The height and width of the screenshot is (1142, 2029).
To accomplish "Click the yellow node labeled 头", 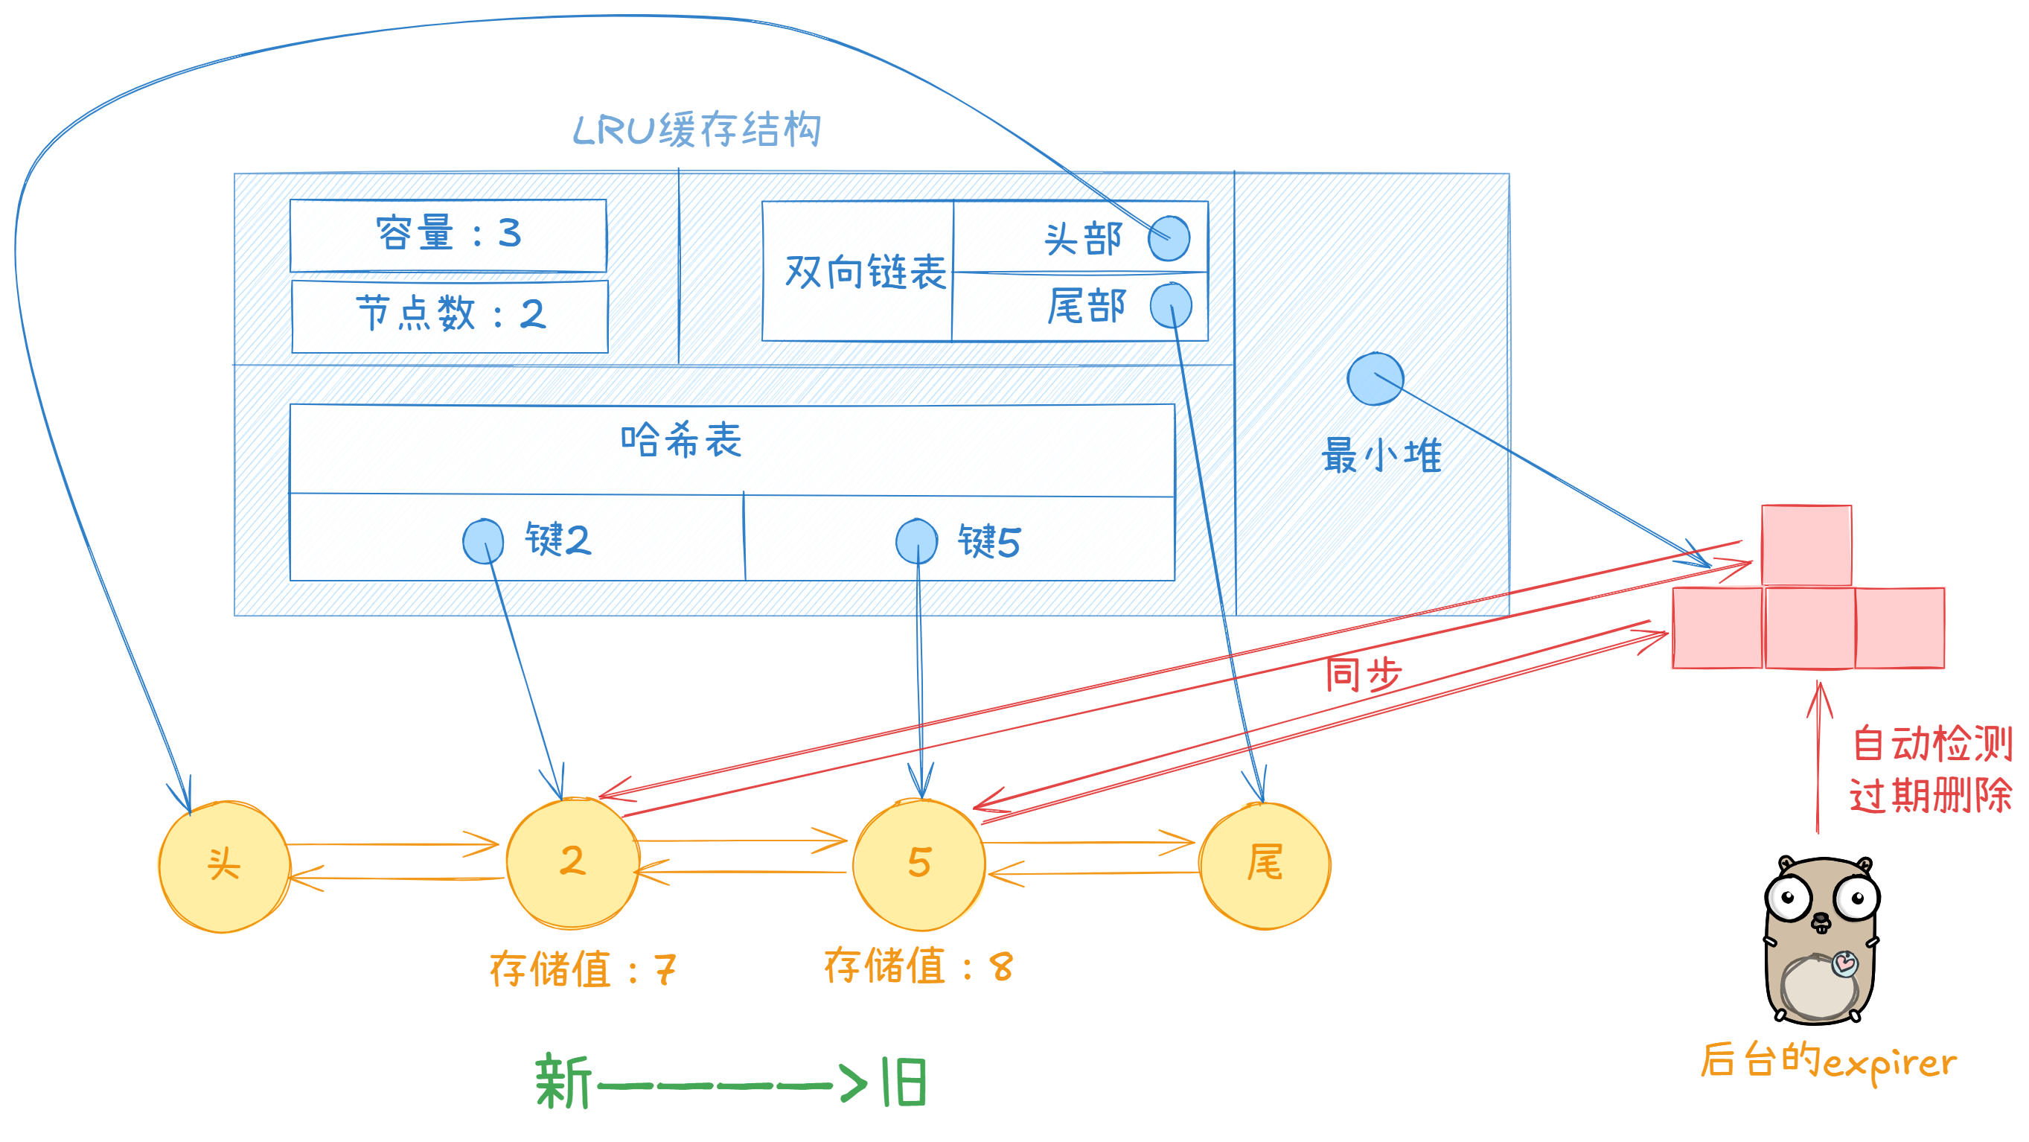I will (x=225, y=867).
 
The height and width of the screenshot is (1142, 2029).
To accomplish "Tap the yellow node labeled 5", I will (x=919, y=865).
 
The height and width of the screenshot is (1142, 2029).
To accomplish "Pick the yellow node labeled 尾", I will (x=1265, y=865).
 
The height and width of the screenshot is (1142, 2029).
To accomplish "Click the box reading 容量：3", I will (x=448, y=235).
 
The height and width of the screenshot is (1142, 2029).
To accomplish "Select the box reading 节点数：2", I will (x=450, y=316).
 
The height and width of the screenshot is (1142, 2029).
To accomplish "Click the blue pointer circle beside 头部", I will (x=1169, y=237).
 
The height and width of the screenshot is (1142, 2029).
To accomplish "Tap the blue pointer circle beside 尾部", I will (x=1171, y=305).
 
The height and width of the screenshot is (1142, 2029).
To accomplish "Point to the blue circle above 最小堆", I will (x=1375, y=379).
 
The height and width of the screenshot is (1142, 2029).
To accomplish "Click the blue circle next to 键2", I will (x=483, y=541).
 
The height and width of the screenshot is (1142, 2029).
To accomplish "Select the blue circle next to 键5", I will (x=917, y=542).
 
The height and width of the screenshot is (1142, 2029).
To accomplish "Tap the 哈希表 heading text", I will (x=681, y=440).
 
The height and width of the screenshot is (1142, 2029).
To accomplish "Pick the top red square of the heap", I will (x=1806, y=545).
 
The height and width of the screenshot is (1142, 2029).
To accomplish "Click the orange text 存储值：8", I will (x=918, y=966).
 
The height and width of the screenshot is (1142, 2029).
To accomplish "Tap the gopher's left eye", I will (x=1788, y=897).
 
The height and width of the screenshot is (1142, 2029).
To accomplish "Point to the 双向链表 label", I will (x=865, y=272).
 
